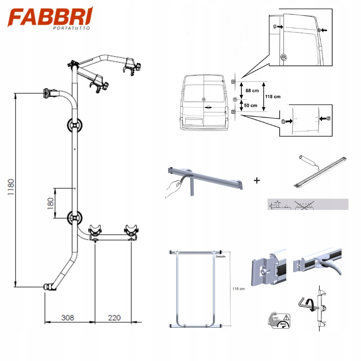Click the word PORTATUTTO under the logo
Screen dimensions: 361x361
(x=72, y=28)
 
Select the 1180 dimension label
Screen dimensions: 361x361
(x=11, y=187)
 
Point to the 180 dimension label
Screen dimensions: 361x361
(x=50, y=203)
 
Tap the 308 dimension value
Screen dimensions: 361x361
(x=68, y=318)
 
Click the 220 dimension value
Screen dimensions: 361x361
(x=114, y=318)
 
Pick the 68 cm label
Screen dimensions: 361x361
(x=252, y=90)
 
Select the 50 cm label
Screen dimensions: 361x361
(x=251, y=105)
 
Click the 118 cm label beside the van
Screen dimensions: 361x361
(x=273, y=97)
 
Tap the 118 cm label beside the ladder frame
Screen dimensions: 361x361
(x=238, y=289)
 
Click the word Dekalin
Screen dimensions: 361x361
(x=221, y=256)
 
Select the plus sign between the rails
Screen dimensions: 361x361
(x=257, y=180)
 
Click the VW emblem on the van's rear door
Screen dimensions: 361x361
(x=203, y=99)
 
